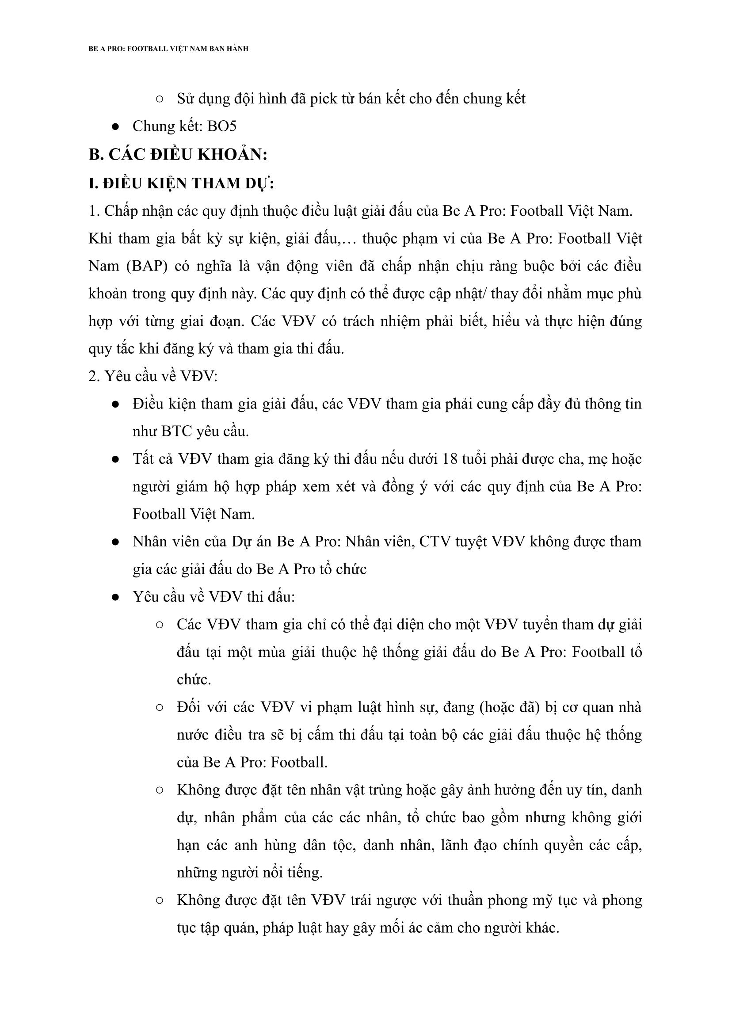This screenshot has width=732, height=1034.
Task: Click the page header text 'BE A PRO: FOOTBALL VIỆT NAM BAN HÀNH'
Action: coord(168,49)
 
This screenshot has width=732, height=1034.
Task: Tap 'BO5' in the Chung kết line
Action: coord(222,126)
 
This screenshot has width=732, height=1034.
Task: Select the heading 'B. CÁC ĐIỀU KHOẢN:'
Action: coord(178,155)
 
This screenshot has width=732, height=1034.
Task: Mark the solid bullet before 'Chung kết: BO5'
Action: coord(115,127)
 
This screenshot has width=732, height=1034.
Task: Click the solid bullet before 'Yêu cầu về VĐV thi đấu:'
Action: coord(115,597)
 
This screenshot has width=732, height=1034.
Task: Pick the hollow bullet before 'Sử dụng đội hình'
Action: coord(159,99)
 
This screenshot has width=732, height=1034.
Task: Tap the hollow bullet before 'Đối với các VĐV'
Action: coord(159,708)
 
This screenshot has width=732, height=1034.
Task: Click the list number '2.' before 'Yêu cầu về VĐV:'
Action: coord(94,376)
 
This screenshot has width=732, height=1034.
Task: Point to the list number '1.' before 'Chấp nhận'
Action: coord(94,211)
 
